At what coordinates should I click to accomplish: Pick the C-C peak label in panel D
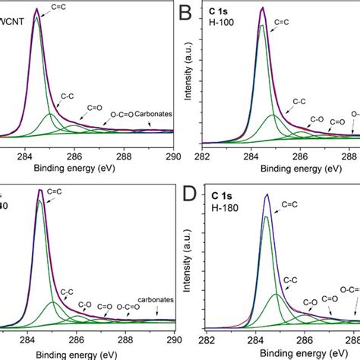click(x=290, y=280)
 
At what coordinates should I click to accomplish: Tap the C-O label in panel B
click(x=317, y=119)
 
